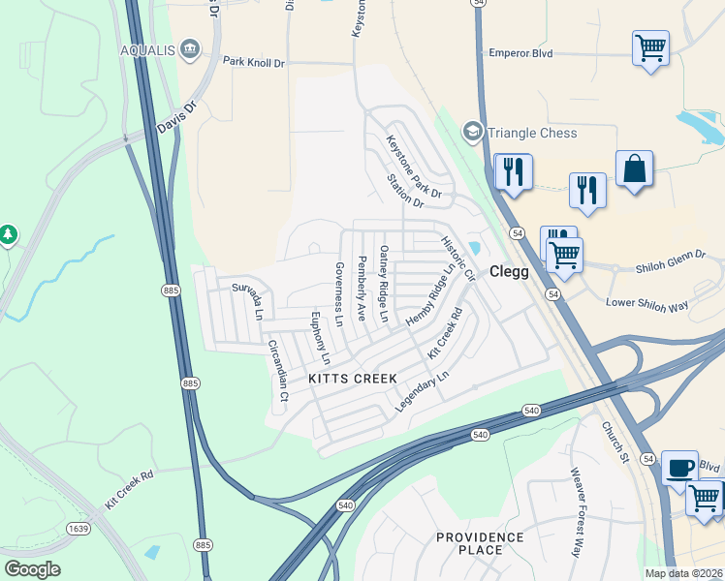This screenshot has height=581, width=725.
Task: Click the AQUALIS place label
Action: (x=148, y=49)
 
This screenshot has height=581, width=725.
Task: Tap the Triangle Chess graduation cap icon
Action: (x=472, y=132)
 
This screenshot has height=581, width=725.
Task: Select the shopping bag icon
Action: (x=634, y=168)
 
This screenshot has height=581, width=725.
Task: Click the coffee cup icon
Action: (x=679, y=468)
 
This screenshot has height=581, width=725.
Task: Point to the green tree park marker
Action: (x=8, y=234)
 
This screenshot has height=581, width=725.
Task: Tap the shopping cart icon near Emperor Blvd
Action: (x=650, y=46)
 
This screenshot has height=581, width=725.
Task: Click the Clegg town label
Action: (x=509, y=272)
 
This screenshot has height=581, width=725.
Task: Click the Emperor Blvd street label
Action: (x=520, y=53)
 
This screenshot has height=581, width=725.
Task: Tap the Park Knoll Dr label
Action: (x=254, y=61)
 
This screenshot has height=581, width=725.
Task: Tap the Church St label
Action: (x=615, y=441)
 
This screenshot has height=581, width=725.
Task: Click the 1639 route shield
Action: (x=79, y=528)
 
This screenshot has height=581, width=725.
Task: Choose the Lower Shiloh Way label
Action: (x=646, y=304)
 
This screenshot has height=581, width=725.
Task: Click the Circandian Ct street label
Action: (x=278, y=371)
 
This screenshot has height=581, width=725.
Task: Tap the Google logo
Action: (x=32, y=568)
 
